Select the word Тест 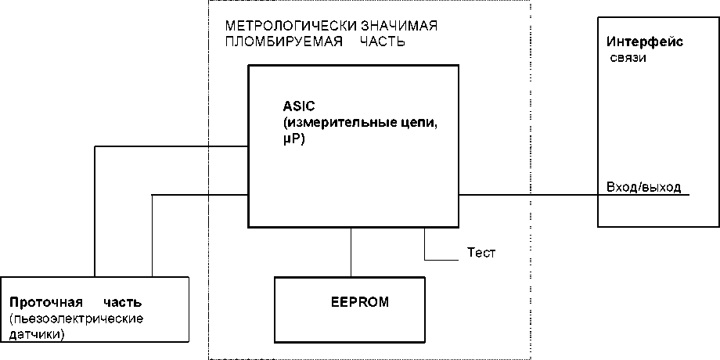481,253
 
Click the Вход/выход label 643,187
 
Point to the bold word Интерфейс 645,41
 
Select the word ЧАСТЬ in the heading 382,41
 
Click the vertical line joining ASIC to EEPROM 351,252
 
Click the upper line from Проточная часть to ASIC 172,146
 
